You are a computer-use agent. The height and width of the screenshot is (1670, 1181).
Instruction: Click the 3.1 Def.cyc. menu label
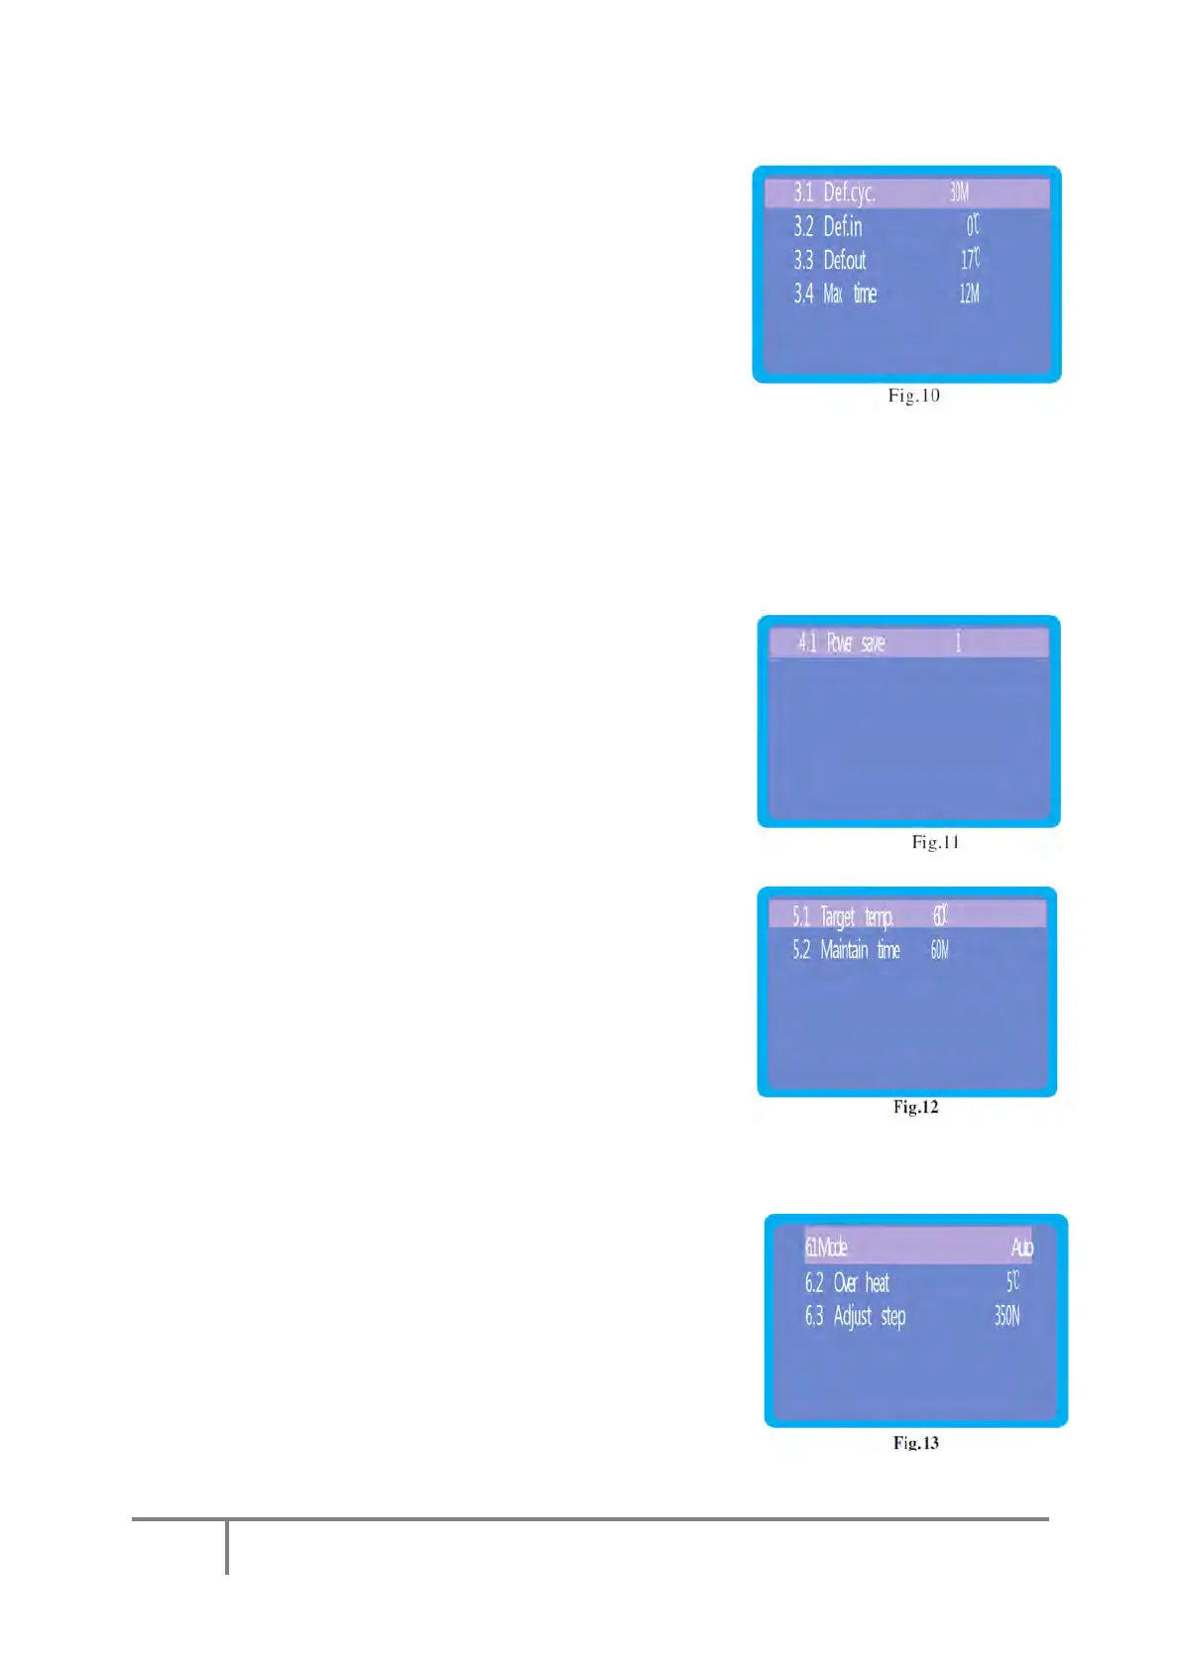click(x=834, y=192)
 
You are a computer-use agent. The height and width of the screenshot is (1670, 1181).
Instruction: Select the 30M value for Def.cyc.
click(x=959, y=192)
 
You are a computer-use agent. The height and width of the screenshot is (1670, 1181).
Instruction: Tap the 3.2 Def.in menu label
click(x=827, y=227)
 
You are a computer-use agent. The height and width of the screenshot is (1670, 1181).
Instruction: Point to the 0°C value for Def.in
click(x=973, y=226)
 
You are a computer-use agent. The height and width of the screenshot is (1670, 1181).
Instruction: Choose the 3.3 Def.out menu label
click(x=829, y=261)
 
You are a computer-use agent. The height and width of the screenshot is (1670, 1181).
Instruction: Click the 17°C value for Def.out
click(x=970, y=260)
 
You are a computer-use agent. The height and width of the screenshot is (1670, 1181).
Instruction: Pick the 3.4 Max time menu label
click(x=835, y=295)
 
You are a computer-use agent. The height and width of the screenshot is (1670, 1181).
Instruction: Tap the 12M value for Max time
click(x=969, y=295)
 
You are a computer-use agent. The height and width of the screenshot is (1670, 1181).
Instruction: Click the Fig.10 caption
click(x=913, y=396)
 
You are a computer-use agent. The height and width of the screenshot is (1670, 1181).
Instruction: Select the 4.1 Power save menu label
click(x=841, y=644)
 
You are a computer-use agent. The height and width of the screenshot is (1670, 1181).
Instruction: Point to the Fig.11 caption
click(x=935, y=843)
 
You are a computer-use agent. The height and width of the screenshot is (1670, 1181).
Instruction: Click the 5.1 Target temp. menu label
click(x=843, y=916)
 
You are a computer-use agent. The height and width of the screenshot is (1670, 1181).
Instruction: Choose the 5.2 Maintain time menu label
click(x=846, y=950)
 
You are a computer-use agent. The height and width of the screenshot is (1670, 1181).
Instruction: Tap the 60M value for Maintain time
click(x=939, y=950)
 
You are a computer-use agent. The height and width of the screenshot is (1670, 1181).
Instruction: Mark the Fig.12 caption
click(x=915, y=1107)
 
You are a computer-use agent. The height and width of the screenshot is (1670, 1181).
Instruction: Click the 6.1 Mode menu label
click(x=826, y=1248)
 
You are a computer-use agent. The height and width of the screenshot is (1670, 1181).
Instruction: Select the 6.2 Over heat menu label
click(x=847, y=1283)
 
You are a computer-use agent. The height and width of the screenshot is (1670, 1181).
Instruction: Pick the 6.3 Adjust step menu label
click(x=855, y=1317)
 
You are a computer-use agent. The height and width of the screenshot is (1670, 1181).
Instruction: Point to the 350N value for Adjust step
click(x=1006, y=1317)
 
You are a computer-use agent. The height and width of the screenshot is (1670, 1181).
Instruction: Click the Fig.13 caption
click(x=915, y=1443)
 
